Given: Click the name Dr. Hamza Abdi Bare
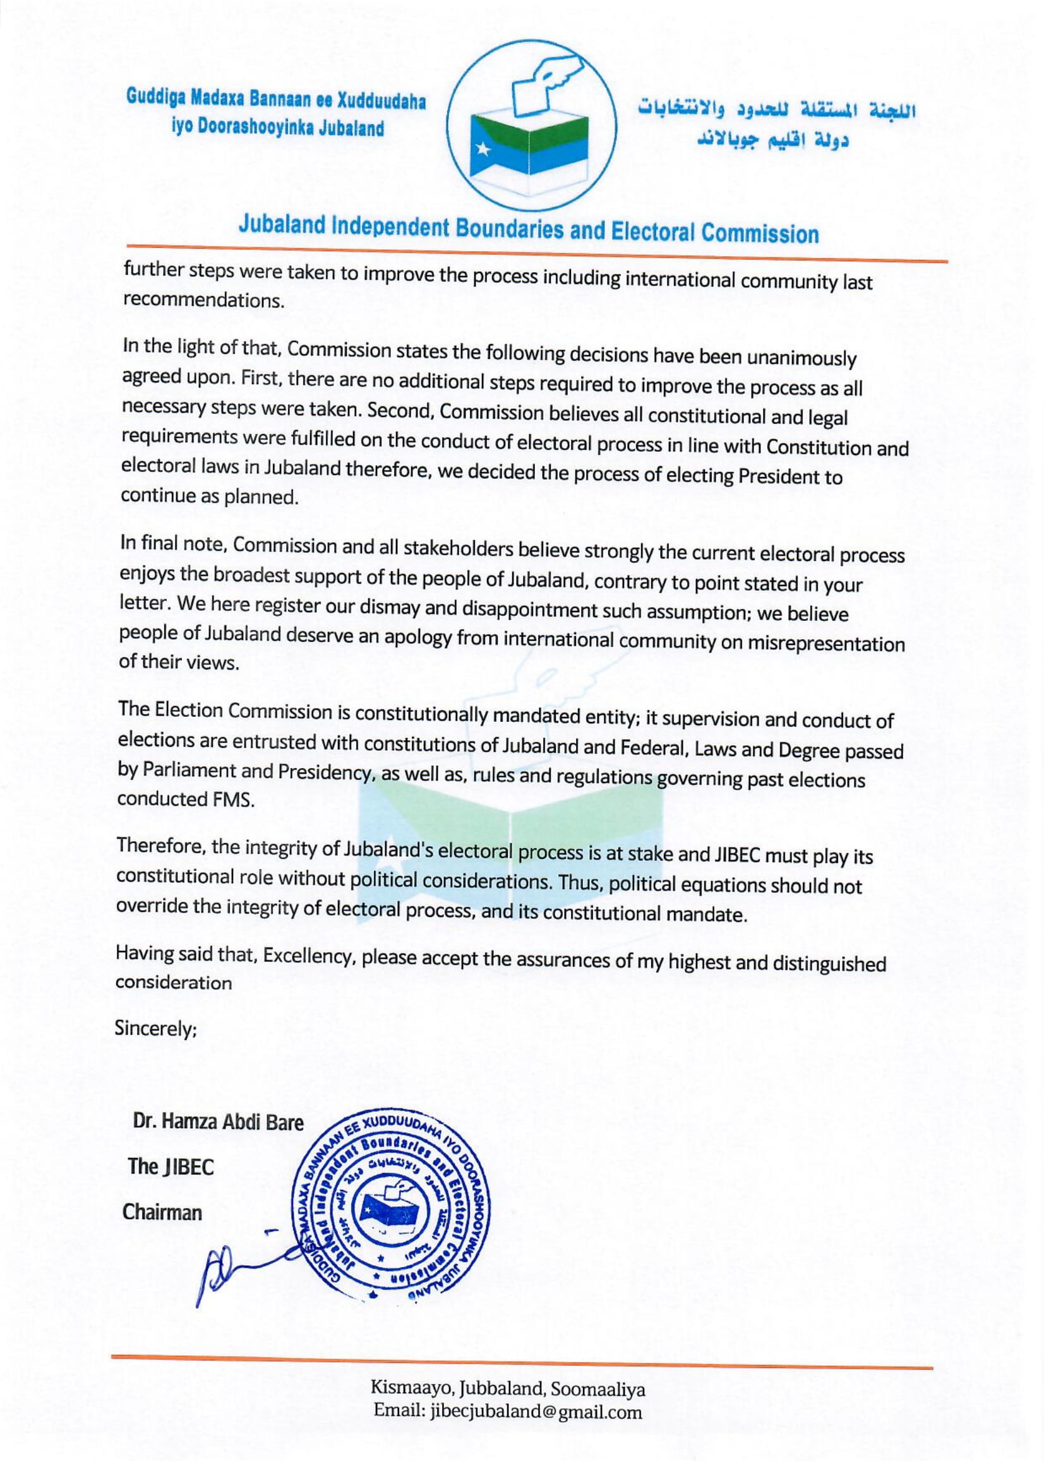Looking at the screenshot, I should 218,1123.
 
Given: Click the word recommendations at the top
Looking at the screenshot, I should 203,301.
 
